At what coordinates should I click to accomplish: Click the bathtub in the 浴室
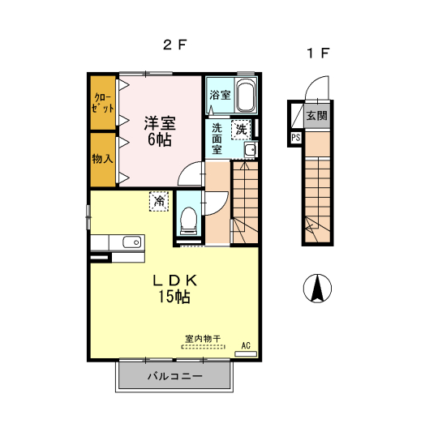point(245,96)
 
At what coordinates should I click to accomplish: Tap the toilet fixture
point(189,220)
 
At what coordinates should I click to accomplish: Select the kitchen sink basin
point(132,242)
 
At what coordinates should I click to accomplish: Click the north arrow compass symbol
point(317,288)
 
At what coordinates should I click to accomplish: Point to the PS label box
point(295,138)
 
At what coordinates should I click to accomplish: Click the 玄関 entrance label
point(316,116)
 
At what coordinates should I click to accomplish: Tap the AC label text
point(246,345)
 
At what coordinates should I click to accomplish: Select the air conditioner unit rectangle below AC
point(246,354)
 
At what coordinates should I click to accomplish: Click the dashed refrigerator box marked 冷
point(159,201)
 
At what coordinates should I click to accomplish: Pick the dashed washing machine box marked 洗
point(241,130)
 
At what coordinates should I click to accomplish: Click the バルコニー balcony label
point(175,376)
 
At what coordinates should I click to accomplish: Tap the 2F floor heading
point(174,45)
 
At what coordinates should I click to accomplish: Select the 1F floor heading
point(318,53)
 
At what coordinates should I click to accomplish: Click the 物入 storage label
point(102,158)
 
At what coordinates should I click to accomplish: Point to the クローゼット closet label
point(103,103)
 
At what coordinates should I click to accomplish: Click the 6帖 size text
point(160,139)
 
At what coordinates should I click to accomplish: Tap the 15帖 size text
point(174,297)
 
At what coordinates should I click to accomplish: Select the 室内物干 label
point(203,339)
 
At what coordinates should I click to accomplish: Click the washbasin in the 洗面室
point(251,149)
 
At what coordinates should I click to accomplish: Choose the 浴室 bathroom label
point(220,95)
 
